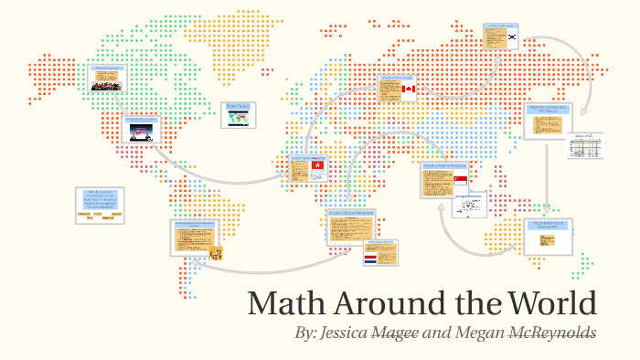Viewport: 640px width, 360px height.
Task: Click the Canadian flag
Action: point(409,89)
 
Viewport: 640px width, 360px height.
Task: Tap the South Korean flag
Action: point(514,37)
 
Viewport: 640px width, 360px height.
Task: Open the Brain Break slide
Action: point(239,115)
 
